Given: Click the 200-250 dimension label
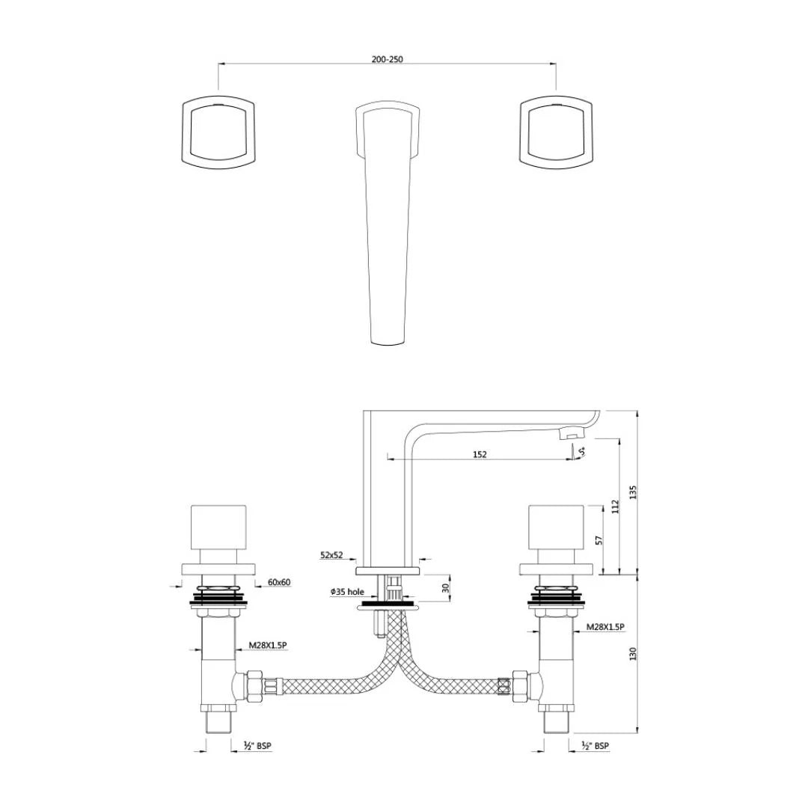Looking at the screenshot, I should coord(387,59).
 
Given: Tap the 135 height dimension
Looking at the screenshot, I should coord(633,492).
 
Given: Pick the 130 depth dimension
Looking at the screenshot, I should coord(633,654).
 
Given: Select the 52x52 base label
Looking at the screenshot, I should coord(331,555).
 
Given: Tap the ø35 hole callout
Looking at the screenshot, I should coord(347,592).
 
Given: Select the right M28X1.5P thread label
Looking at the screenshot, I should coord(605,626).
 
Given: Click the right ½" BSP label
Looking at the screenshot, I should coord(595,746).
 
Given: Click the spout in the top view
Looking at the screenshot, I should coord(387,224).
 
